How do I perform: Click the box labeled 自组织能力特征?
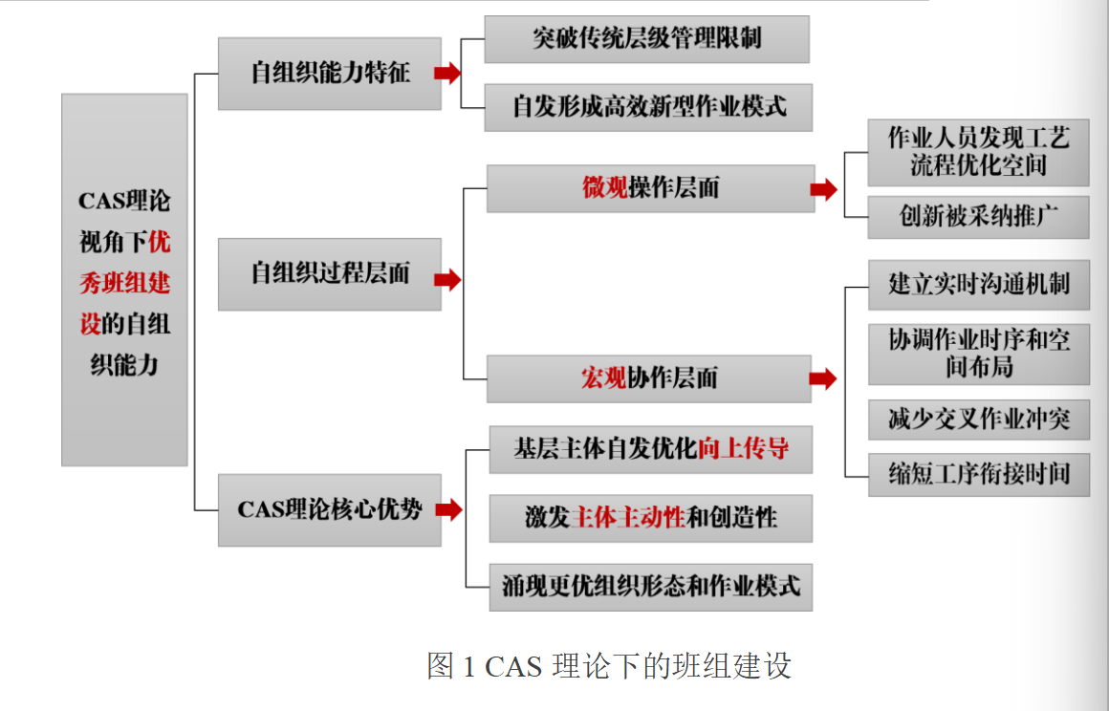329,74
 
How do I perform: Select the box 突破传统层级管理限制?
646,39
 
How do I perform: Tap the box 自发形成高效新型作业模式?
648,106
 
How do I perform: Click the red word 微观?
605,188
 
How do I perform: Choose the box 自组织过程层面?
329,274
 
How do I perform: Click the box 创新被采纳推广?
978,217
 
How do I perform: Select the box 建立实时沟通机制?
978,285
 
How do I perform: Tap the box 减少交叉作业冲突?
978,419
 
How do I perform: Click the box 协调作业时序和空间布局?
978,354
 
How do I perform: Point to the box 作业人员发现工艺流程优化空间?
978,152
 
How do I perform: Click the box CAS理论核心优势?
329,510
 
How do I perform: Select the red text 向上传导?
743,449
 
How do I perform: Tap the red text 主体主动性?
628,518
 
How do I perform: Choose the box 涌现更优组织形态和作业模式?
650,585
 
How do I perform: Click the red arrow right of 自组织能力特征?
447,74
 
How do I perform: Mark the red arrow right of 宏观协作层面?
822,379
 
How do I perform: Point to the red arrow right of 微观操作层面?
822,190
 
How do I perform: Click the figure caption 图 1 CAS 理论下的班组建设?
609,666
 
